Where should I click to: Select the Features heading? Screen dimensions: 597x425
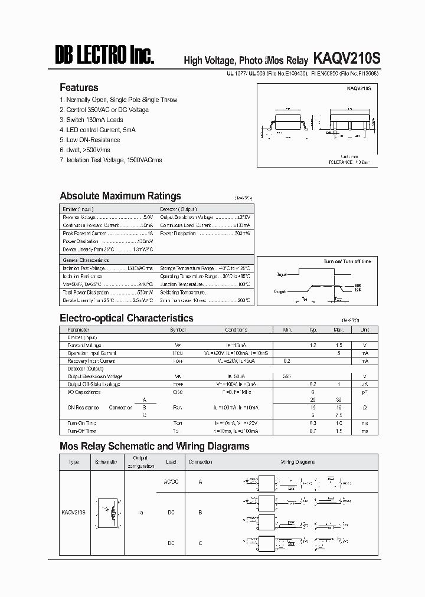(79, 87)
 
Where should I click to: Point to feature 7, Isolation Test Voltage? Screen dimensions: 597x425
(111, 160)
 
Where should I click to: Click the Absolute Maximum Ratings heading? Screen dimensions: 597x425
(120, 196)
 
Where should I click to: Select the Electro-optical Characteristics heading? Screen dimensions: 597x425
(126, 318)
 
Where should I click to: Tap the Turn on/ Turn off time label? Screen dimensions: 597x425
(347, 261)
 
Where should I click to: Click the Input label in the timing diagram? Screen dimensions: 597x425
(281, 274)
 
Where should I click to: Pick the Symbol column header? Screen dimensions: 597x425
(178, 330)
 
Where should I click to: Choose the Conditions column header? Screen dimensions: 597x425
(236, 330)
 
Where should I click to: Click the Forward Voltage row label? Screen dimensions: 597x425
(84, 345)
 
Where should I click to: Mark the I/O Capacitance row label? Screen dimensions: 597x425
(84, 392)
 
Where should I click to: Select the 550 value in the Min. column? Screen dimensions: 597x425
(287, 376)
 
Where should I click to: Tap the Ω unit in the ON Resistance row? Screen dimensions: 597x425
(365, 408)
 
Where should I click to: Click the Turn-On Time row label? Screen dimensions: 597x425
(81, 423)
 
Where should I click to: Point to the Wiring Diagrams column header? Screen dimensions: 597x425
(297, 462)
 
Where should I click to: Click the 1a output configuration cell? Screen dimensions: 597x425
(140, 513)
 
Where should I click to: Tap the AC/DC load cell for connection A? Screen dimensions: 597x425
(171, 482)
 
